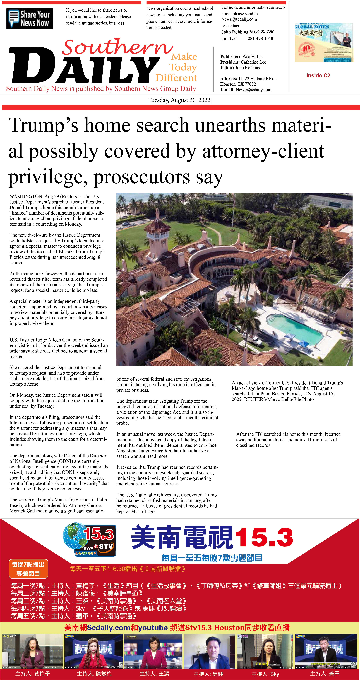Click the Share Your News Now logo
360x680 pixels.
coord(29,18)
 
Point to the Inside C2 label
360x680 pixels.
coord(318,76)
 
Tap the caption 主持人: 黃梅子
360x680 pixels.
coord(32,673)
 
